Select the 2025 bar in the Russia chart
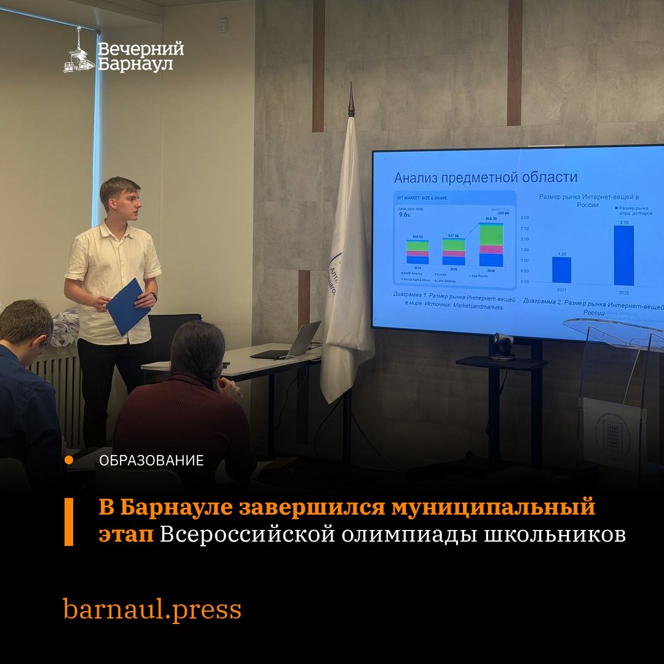coord(623,255)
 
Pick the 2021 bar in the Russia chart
coord(561,270)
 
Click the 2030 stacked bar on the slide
coord(491,245)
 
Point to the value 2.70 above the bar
coord(623,222)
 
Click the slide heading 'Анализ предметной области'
coord(486,178)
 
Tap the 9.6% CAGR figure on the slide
coord(405,215)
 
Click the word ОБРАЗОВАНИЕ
coord(151,460)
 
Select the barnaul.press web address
coord(152,609)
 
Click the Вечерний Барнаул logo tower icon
coord(78,52)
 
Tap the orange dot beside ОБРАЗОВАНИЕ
coord(69,460)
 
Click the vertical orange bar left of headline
coord(69,521)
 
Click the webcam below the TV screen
coord(503,346)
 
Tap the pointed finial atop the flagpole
coord(351,100)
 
